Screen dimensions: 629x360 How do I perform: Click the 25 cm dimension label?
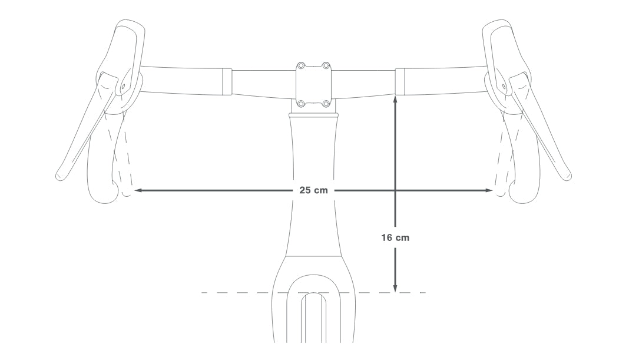[x=313, y=190]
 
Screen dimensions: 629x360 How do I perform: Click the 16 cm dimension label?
[x=395, y=237]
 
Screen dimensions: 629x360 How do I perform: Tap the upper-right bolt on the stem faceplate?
[x=326, y=65]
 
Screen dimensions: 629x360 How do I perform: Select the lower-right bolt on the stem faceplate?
[x=326, y=104]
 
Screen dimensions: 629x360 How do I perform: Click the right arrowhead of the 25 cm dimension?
[x=489, y=190]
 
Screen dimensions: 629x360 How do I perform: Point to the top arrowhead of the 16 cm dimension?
[x=396, y=99]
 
